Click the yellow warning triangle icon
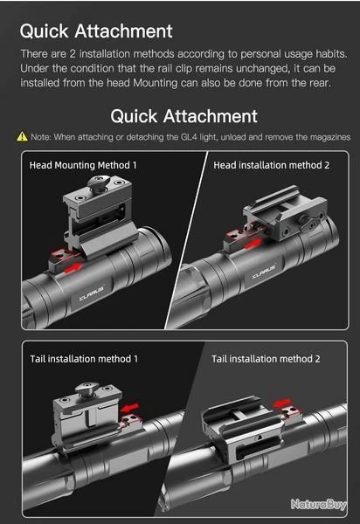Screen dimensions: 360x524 [x=22, y=136]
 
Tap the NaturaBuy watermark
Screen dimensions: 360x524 [x=318, y=504]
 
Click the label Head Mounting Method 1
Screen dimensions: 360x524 [x=83, y=165]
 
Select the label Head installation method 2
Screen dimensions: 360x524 [x=272, y=165]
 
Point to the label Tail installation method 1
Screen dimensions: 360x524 [x=84, y=359]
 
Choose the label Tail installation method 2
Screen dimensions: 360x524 [x=266, y=359]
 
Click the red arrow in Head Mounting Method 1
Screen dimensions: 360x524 [x=73, y=268]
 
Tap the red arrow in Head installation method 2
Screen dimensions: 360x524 [x=253, y=244]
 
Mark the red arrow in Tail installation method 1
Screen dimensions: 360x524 [x=129, y=407]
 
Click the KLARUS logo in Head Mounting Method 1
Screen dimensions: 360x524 [x=92, y=293]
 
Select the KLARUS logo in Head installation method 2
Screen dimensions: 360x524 [x=264, y=272]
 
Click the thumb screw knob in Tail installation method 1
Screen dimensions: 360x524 [x=87, y=389]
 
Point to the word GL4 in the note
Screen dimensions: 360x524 [x=189, y=137]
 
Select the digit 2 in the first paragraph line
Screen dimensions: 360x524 [x=73, y=54]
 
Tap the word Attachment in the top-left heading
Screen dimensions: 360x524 [x=124, y=31]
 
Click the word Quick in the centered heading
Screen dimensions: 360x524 [x=134, y=116]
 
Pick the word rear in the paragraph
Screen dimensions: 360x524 [x=320, y=83]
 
